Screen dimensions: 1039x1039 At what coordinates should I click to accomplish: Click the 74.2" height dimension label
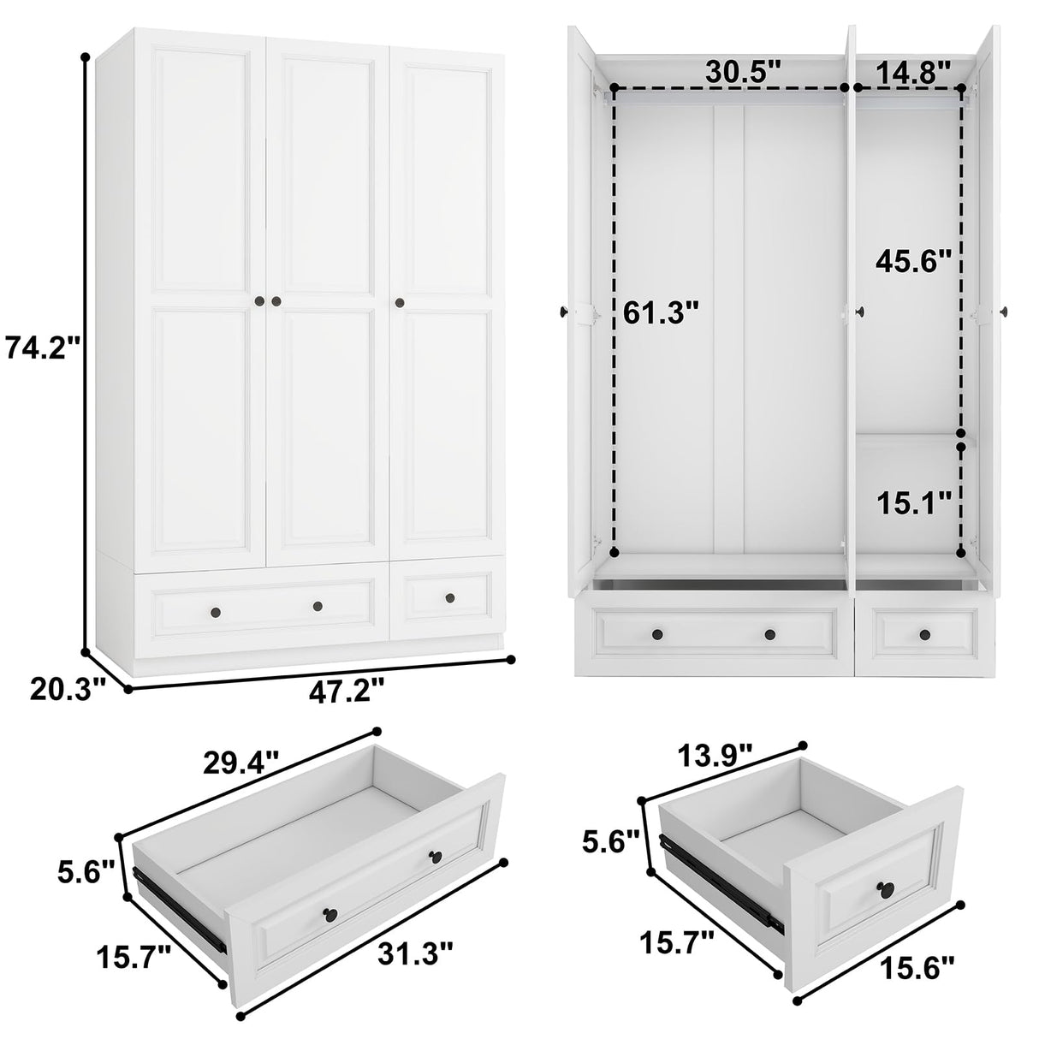point(43,348)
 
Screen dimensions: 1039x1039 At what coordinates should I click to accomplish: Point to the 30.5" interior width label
point(743,72)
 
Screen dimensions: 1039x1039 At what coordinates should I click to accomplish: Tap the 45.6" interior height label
point(913,260)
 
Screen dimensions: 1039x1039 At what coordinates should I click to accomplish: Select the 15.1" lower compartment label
point(913,503)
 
